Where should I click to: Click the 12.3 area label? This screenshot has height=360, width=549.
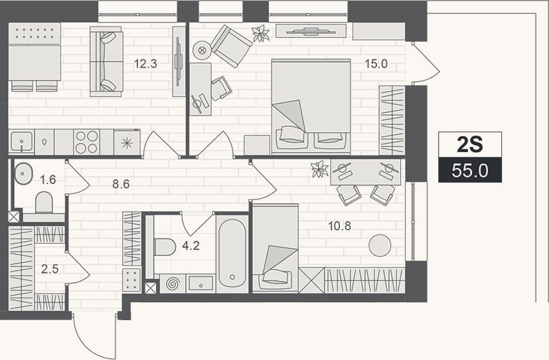click(145, 64)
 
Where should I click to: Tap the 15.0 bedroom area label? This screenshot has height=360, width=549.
click(376, 64)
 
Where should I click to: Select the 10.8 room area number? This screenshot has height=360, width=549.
click(339, 226)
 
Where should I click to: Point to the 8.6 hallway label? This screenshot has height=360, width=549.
click(121, 184)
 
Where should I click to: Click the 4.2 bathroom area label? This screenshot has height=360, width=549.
click(191, 246)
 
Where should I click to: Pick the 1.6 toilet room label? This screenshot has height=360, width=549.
click(48, 179)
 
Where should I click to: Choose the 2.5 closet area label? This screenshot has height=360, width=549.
click(50, 269)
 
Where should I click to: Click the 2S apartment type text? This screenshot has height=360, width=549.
click(470, 145)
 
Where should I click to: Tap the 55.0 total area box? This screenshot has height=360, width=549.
click(470, 170)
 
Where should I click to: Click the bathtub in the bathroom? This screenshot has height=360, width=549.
click(232, 254)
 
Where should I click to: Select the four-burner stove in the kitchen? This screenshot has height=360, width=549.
click(87, 142)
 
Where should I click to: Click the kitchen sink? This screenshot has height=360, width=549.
click(21, 142)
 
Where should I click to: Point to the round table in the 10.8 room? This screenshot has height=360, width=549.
click(380, 245)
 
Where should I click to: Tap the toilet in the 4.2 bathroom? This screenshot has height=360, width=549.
click(165, 247)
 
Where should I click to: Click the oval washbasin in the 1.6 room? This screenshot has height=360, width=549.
click(23, 173)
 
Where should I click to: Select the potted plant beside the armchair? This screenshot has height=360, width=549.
click(261, 34)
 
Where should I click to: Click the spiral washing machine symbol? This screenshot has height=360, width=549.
click(172, 284)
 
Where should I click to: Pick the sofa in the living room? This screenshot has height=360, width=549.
click(106, 62)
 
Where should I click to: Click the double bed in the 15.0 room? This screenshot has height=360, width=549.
click(311, 106)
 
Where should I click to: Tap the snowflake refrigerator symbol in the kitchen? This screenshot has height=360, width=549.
click(127, 142)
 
